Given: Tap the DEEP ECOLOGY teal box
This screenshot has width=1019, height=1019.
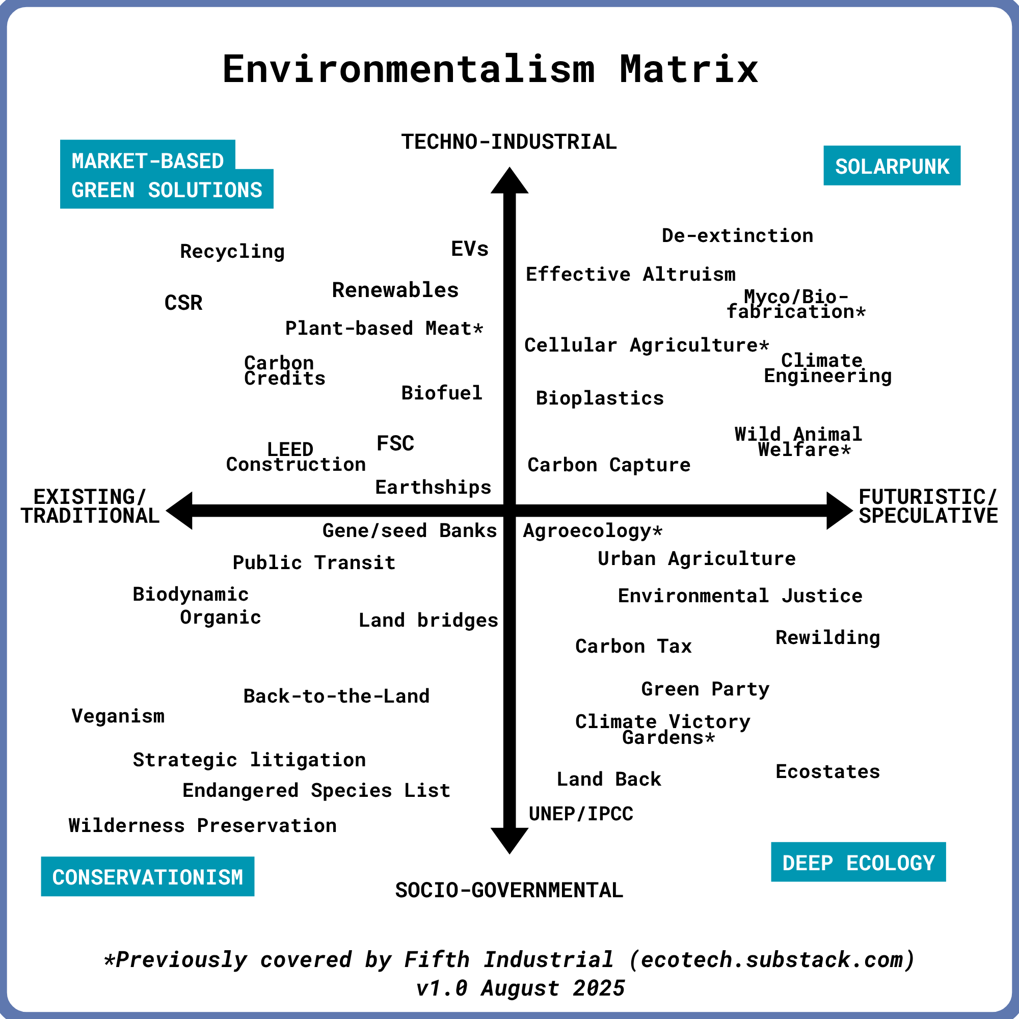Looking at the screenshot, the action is point(858,863).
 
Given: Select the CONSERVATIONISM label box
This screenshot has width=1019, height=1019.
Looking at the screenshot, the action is point(148,876).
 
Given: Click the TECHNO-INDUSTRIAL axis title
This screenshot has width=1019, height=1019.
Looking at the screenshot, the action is point(509,142).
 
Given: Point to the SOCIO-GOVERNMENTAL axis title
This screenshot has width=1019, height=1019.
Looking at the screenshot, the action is point(509,890).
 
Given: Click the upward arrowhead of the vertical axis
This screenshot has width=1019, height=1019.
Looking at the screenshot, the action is point(509,181).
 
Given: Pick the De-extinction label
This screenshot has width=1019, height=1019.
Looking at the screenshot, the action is point(737,235).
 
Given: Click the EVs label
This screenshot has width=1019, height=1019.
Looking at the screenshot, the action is point(469,249).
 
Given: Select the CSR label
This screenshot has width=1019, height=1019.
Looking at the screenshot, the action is point(183,303).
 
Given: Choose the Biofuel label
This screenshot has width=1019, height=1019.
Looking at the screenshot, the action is point(442,393).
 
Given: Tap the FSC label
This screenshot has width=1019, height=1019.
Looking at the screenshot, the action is point(395,444).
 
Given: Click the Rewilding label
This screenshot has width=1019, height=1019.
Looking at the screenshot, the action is point(827,638).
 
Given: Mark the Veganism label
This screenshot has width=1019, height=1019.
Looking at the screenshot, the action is point(118,716).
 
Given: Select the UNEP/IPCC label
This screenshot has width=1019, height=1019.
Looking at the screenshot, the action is point(581,814).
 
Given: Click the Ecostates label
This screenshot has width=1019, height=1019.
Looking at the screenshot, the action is point(827,771).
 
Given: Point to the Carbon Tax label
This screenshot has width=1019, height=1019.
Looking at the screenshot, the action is point(633,646).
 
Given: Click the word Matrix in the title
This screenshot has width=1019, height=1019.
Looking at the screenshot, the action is point(689,69).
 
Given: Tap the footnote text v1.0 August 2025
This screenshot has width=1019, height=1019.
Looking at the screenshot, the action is point(520,988).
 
